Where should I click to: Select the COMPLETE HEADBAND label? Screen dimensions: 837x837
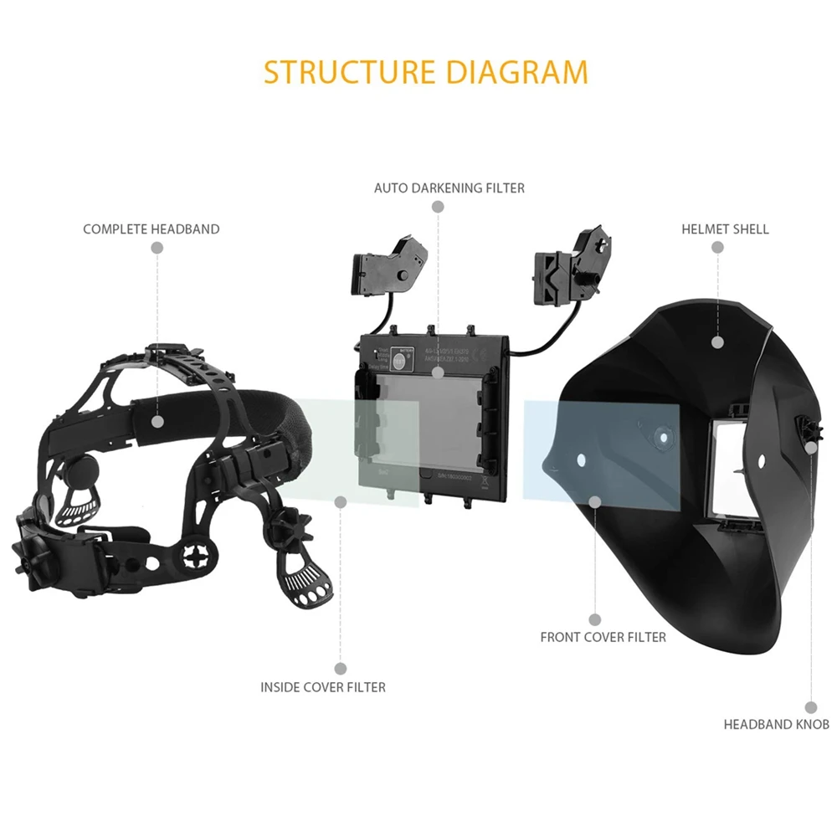(151, 229)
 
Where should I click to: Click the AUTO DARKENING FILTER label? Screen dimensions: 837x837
(449, 188)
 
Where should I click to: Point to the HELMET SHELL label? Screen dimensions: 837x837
(725, 229)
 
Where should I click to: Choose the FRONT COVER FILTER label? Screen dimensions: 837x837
(603, 637)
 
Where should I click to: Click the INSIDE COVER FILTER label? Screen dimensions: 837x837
(323, 687)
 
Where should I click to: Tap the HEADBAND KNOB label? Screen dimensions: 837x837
(776, 724)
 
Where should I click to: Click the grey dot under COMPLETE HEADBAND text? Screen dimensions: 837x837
(157, 248)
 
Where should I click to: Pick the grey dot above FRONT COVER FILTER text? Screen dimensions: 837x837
(595, 619)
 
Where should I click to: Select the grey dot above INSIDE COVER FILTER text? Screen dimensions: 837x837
(340, 668)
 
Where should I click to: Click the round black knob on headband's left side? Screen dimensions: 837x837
(77, 470)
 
